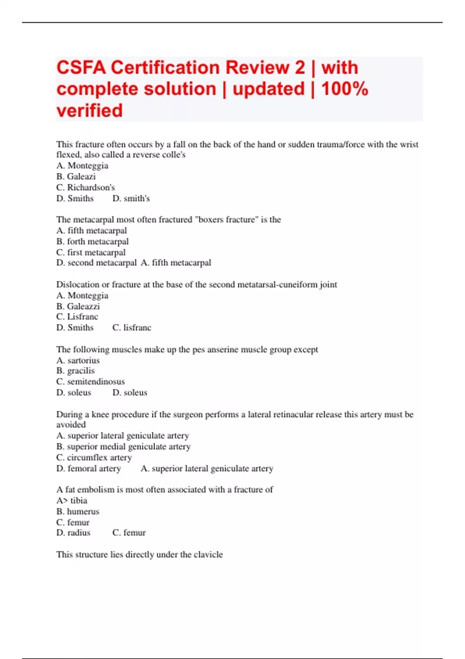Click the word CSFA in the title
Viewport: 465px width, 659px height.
[x=81, y=68]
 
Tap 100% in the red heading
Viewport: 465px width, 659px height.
[x=344, y=89]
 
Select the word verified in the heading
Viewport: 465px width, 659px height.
[x=90, y=111]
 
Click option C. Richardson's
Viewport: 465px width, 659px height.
[x=86, y=188]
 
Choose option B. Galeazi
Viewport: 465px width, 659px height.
[x=76, y=177]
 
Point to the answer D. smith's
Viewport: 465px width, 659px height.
[x=131, y=198]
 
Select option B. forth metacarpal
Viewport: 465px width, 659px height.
[x=92, y=242]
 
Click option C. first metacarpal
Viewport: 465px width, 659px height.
[x=91, y=252]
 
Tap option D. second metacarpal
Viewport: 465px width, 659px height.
[x=96, y=263]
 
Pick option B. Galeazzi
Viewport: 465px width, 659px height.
[x=78, y=306]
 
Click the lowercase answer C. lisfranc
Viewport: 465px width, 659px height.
[x=132, y=328]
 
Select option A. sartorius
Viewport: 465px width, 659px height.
[x=78, y=361]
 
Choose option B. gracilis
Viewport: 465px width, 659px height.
[x=75, y=371]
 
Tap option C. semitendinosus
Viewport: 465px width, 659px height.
[x=90, y=381]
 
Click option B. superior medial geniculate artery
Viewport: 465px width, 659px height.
[x=123, y=447]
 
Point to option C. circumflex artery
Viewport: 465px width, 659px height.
[x=94, y=457]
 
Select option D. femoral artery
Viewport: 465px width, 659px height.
[x=88, y=468]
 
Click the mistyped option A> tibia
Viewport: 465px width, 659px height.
[x=72, y=500]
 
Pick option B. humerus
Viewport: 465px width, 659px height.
[x=77, y=511]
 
